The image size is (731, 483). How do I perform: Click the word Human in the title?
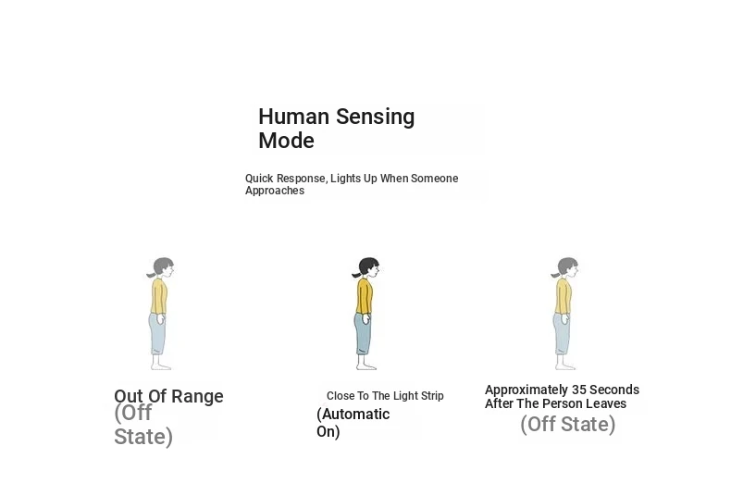293,117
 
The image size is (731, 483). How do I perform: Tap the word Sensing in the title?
376,118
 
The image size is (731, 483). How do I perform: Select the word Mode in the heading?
286,141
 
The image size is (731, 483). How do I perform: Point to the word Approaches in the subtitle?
275,191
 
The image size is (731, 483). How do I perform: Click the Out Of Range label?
168,396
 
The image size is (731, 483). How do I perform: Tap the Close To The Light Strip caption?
385,396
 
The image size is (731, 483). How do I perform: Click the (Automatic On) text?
353,423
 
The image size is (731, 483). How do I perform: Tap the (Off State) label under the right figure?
568,425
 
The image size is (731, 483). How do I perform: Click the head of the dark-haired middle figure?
368,267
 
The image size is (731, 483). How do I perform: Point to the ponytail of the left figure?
151,275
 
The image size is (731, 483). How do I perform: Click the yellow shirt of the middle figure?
365,296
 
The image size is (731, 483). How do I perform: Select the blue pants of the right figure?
562,334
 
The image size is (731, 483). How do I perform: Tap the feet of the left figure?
161,366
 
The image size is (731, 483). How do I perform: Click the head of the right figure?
568,267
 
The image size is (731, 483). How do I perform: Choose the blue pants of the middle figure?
363,334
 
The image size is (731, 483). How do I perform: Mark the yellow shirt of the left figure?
159,296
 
